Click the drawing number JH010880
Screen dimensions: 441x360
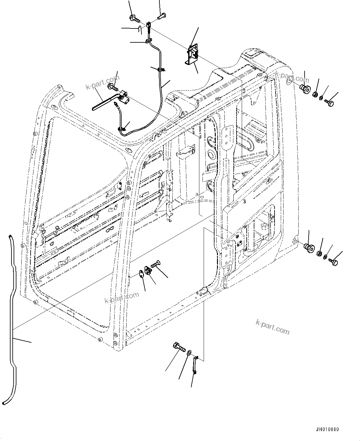click(x=327, y=430)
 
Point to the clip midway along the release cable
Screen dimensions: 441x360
click(x=160, y=70)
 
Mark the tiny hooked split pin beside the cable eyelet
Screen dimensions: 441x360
click(x=140, y=30)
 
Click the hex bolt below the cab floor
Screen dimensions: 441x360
click(x=179, y=348)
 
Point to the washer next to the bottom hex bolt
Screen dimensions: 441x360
click(x=189, y=352)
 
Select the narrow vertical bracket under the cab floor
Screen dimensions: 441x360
click(x=195, y=365)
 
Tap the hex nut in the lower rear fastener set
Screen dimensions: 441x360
click(x=319, y=254)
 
